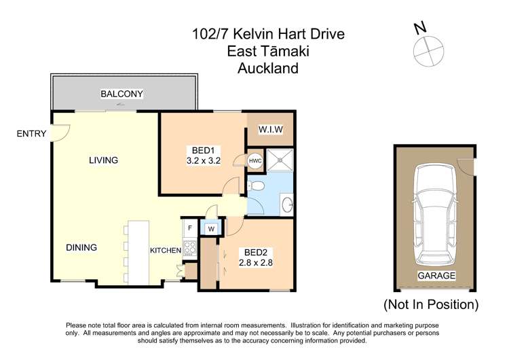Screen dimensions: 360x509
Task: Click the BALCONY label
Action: (122, 94)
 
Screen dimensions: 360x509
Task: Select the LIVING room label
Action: (103, 160)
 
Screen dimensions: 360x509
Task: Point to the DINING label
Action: (81, 247)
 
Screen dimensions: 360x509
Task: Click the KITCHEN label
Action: (166, 251)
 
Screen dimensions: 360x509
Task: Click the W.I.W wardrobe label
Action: (270, 130)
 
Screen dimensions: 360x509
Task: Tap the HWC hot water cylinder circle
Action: (255, 161)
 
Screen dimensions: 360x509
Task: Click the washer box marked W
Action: (211, 229)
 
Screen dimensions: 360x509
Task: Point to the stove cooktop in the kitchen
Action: (189, 248)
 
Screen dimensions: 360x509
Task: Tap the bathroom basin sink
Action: (286, 202)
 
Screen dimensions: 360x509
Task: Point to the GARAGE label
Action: (436, 276)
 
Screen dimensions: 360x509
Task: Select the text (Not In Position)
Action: (431, 304)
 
